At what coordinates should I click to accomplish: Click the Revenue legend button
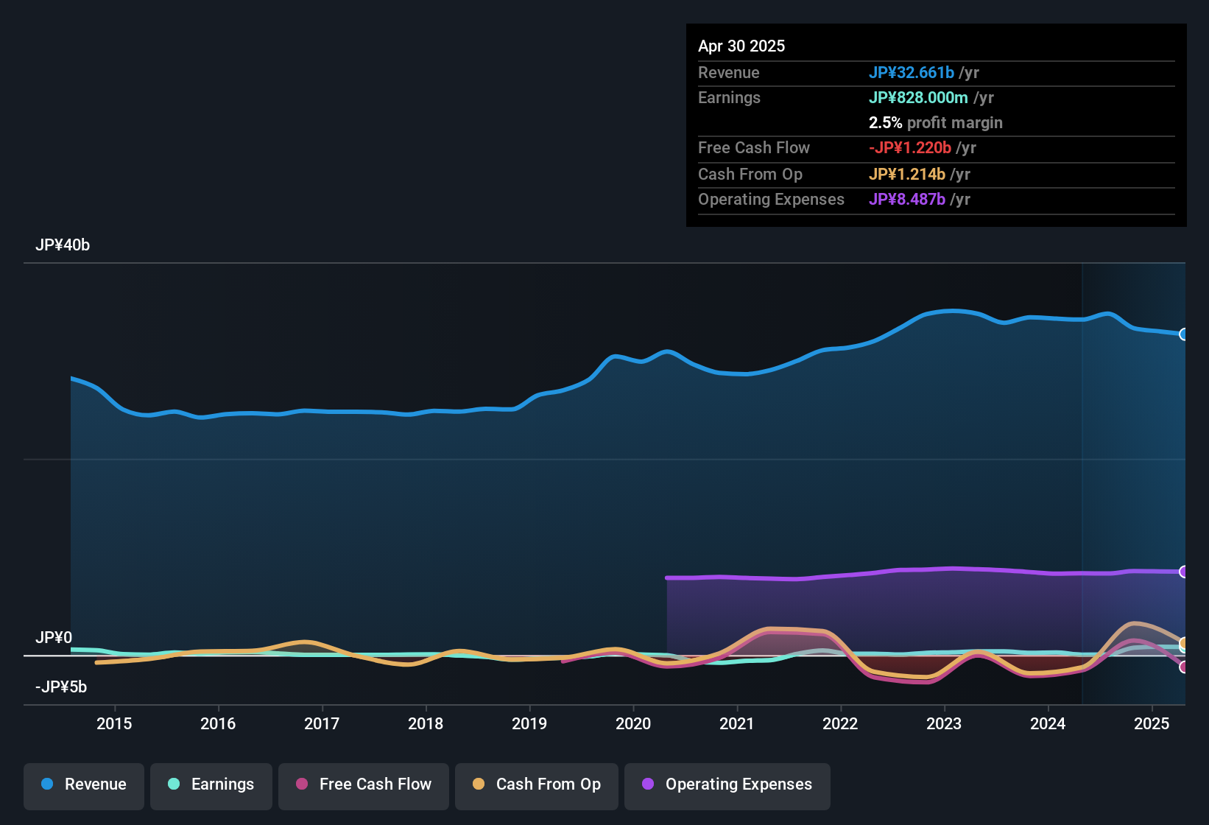click(x=84, y=784)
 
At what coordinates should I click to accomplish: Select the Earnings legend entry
click(x=211, y=784)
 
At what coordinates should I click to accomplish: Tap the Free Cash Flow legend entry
click(x=364, y=784)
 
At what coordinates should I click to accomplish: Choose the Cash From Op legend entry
click(x=537, y=784)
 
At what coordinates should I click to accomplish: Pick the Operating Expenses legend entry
click(x=727, y=784)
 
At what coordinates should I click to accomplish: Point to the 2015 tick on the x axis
click(x=114, y=723)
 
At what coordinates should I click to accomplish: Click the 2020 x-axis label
click(x=633, y=723)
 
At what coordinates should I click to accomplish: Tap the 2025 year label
click(x=1152, y=723)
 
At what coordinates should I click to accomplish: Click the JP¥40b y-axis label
click(x=63, y=245)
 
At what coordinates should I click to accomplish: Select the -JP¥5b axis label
click(x=61, y=687)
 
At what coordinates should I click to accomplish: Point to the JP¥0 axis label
click(x=54, y=638)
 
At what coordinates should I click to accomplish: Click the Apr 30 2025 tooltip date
click(x=741, y=46)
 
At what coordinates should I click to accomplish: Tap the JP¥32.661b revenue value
click(x=912, y=72)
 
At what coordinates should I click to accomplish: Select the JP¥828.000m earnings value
click(x=918, y=97)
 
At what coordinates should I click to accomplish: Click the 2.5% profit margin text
click(x=935, y=122)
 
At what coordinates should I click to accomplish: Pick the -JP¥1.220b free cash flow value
click(x=910, y=147)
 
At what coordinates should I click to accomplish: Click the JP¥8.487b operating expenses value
click(x=907, y=199)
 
